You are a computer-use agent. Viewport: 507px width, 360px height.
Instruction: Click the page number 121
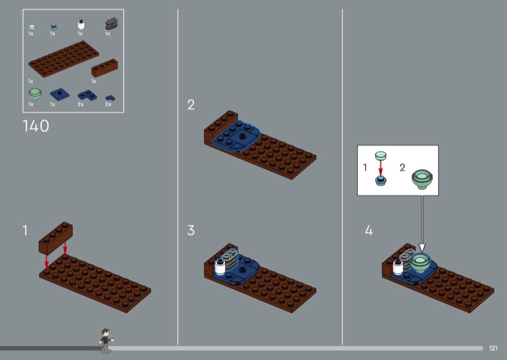(493, 348)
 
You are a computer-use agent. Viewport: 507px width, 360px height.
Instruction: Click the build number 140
(36, 126)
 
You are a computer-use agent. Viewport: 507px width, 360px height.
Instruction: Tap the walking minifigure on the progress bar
(106, 341)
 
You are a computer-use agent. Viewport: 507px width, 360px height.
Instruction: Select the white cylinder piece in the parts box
(81, 25)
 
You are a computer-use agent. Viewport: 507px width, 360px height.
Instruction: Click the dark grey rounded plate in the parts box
(112, 23)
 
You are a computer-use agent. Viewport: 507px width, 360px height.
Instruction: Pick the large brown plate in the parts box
(64, 59)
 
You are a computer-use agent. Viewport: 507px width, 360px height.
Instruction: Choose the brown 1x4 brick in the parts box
(105, 68)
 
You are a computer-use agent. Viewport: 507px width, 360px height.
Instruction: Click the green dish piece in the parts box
(35, 94)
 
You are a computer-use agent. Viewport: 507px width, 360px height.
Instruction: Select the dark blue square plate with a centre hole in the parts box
(60, 94)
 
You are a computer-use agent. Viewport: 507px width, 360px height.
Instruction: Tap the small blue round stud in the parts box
(54, 27)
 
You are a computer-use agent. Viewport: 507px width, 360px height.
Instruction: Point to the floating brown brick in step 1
(56, 238)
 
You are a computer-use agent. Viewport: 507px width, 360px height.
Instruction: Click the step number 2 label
(191, 105)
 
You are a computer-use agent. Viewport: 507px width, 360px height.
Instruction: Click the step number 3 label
(191, 230)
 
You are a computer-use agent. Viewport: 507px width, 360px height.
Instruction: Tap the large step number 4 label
(369, 231)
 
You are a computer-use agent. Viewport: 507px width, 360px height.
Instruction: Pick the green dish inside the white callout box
(422, 179)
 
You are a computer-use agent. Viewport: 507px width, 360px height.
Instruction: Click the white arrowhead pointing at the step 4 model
(422, 247)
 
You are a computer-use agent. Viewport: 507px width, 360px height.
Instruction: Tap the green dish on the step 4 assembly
(420, 262)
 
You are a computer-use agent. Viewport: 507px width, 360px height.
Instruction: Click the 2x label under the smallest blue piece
(108, 104)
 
